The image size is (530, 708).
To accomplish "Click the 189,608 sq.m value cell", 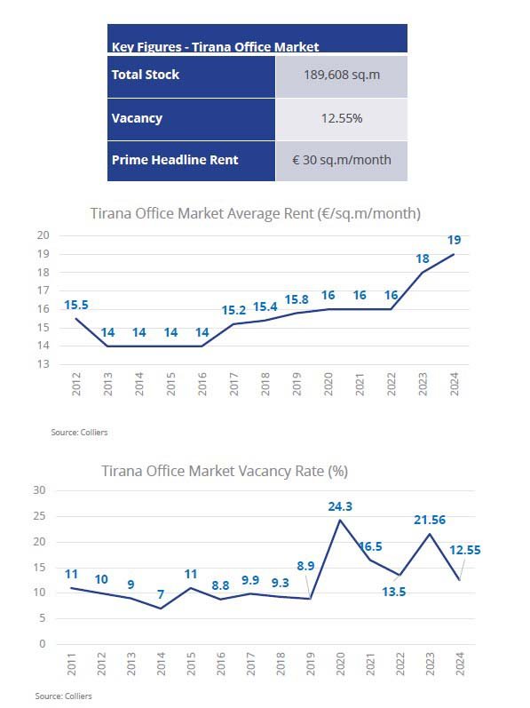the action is click(342, 75).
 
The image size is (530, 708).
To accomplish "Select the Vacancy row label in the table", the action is click(137, 118).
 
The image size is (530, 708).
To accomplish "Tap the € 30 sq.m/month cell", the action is click(342, 160).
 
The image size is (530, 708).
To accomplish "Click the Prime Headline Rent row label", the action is click(175, 160).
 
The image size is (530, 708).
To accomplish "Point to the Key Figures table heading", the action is click(215, 46).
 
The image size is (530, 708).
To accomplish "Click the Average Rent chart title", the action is click(256, 213).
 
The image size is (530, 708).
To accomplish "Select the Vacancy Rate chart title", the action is click(225, 471).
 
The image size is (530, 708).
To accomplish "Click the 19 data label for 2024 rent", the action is click(455, 240).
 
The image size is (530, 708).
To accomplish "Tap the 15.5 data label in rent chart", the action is click(76, 306).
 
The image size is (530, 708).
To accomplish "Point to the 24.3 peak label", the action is click(340, 506).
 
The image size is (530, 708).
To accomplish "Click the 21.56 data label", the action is click(430, 521).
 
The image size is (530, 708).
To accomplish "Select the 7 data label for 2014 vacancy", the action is click(161, 594).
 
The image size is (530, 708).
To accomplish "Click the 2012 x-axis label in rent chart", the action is click(76, 385).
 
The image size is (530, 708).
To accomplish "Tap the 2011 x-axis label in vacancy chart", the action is click(71, 664).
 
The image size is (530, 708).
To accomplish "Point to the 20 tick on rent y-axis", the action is click(44, 235).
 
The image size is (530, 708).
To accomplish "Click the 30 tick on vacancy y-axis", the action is click(39, 490).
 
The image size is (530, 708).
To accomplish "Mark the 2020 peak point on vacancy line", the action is click(340, 520).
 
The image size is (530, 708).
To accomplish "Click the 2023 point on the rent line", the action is click(423, 272).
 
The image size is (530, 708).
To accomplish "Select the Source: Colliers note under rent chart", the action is click(79, 432).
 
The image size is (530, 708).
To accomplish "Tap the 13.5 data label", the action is click(394, 592).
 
